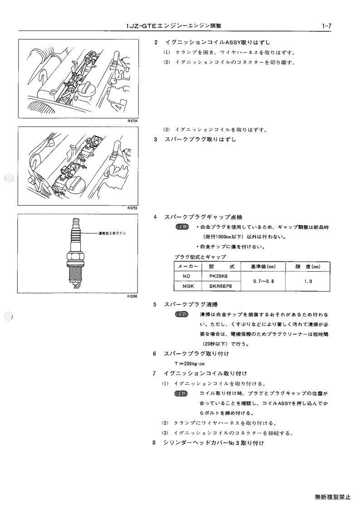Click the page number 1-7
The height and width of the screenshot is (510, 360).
point(326,26)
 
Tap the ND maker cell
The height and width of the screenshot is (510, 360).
point(187,276)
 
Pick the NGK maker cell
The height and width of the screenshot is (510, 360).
point(187,286)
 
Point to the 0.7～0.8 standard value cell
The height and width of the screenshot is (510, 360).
point(263,281)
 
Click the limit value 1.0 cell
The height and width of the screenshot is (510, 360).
point(308,281)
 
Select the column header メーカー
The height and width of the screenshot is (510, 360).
point(187,267)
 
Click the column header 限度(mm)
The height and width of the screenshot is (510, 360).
point(308,267)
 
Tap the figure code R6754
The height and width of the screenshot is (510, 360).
point(133,121)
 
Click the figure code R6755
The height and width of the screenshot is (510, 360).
point(133,208)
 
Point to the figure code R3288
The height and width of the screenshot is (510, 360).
point(133,296)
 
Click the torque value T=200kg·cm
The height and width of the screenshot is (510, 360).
point(190,364)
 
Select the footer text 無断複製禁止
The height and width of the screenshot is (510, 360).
point(333,497)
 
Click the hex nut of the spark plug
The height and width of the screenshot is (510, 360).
point(75,256)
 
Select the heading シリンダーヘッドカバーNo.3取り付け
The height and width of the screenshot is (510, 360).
point(214,443)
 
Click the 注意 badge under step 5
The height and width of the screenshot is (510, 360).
point(182,315)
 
